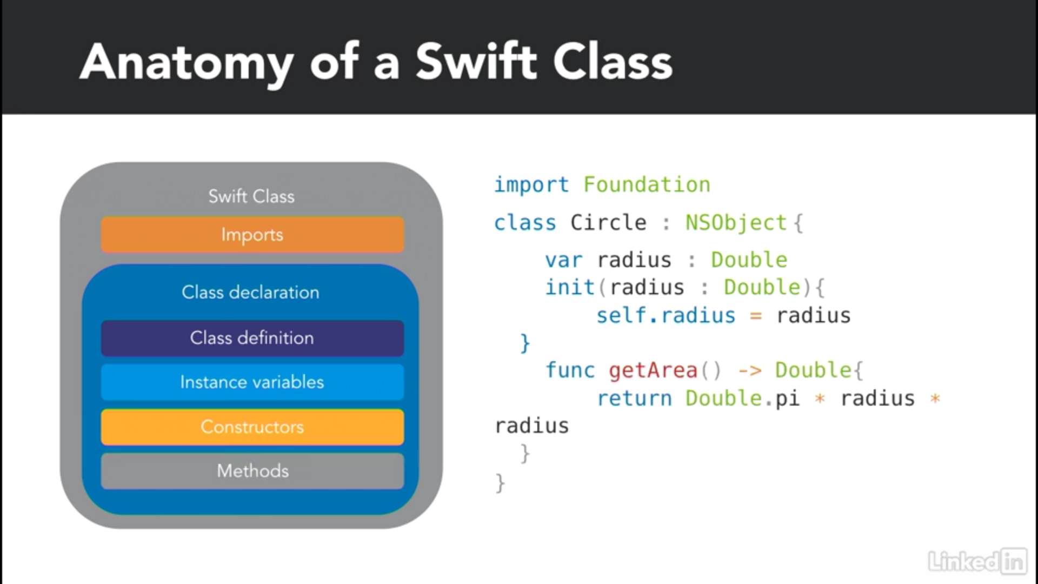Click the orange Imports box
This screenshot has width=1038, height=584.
[x=252, y=235]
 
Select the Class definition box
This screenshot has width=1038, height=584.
[x=252, y=338]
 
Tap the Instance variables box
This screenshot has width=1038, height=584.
[x=252, y=382]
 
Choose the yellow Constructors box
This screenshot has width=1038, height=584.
[x=252, y=427]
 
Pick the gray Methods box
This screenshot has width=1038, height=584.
[x=252, y=471]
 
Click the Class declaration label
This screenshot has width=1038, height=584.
[x=250, y=293]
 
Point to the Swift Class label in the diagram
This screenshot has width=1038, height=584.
[x=251, y=196]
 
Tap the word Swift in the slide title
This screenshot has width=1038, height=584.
[x=476, y=61]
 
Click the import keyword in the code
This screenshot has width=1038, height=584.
[x=531, y=185]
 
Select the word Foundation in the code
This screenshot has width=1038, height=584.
[x=647, y=185]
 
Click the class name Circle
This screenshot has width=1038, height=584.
[x=608, y=222]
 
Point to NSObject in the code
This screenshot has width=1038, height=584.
[x=736, y=222]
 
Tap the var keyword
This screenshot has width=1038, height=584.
[x=564, y=261]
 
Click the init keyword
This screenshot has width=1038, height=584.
[x=570, y=287]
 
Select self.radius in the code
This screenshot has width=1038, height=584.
[x=666, y=315]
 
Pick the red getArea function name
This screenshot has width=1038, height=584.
[x=653, y=371]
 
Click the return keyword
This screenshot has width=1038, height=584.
[x=634, y=399]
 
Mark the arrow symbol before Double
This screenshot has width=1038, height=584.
[x=750, y=371]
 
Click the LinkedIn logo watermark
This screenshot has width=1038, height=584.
[x=977, y=561]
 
